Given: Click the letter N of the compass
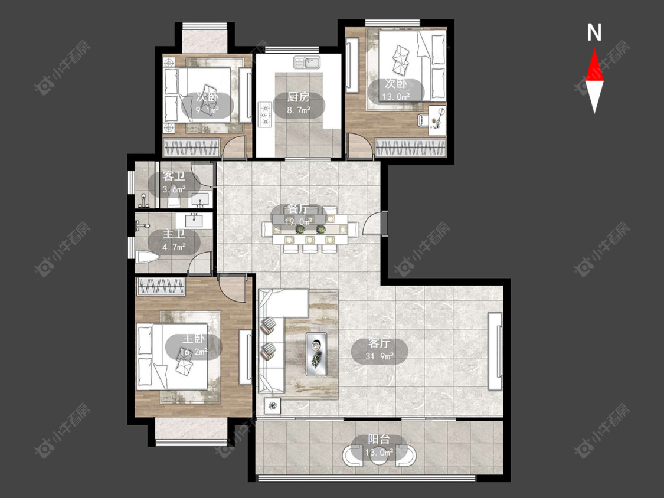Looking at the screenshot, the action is (x=594, y=32).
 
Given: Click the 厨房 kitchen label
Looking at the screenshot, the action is (x=299, y=97).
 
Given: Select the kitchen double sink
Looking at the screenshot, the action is (x=307, y=63).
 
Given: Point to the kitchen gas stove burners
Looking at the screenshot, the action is (x=265, y=114).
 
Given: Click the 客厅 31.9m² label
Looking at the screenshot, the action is (x=380, y=350).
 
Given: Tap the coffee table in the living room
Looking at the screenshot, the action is (x=316, y=354).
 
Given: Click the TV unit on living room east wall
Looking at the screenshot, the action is (x=495, y=351).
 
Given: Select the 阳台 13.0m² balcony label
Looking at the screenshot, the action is (x=380, y=445).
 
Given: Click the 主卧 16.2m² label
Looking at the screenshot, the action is (x=194, y=346).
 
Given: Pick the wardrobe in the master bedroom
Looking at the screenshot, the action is (x=161, y=286).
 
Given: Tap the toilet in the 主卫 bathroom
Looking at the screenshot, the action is (x=147, y=257).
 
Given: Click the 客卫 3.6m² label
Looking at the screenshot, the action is (x=174, y=182).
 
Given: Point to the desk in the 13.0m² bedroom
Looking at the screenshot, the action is (x=437, y=120).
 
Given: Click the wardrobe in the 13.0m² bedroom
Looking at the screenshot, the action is (x=410, y=148).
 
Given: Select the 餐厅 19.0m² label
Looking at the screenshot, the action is (x=299, y=215).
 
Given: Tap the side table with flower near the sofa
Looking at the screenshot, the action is (x=272, y=406).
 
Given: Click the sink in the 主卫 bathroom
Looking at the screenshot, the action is (x=194, y=220).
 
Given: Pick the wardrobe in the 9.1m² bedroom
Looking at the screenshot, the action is (x=191, y=148).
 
